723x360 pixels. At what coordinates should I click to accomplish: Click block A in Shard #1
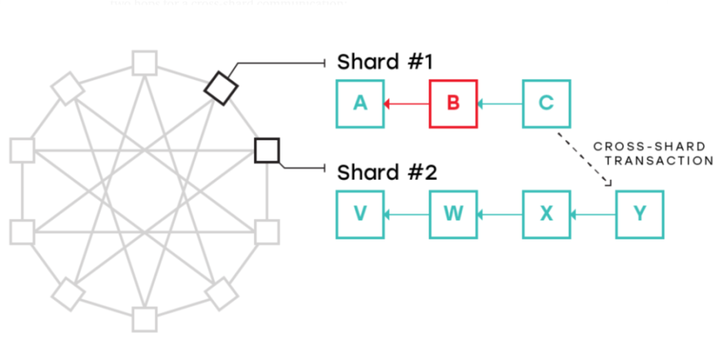360,103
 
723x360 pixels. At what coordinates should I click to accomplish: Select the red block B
453,103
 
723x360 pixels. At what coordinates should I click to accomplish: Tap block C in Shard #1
546,103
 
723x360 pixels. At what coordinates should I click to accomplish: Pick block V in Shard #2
360,214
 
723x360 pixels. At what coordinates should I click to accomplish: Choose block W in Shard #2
453,214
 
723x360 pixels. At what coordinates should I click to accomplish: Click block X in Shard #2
546,214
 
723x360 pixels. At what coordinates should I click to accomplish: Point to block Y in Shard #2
639,214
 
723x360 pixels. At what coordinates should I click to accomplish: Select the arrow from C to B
500,104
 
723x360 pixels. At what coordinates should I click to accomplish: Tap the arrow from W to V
407,215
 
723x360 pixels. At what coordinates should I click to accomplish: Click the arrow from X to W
500,215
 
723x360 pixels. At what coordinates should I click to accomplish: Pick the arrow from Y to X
593,215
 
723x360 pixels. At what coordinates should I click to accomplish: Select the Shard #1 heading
385,62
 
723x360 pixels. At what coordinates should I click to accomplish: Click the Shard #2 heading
385,173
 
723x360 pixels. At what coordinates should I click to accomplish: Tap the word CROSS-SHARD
652,147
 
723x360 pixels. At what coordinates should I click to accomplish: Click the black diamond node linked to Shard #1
221,88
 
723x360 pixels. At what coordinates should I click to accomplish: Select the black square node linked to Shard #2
266,150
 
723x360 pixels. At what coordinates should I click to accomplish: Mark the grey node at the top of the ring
144,62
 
